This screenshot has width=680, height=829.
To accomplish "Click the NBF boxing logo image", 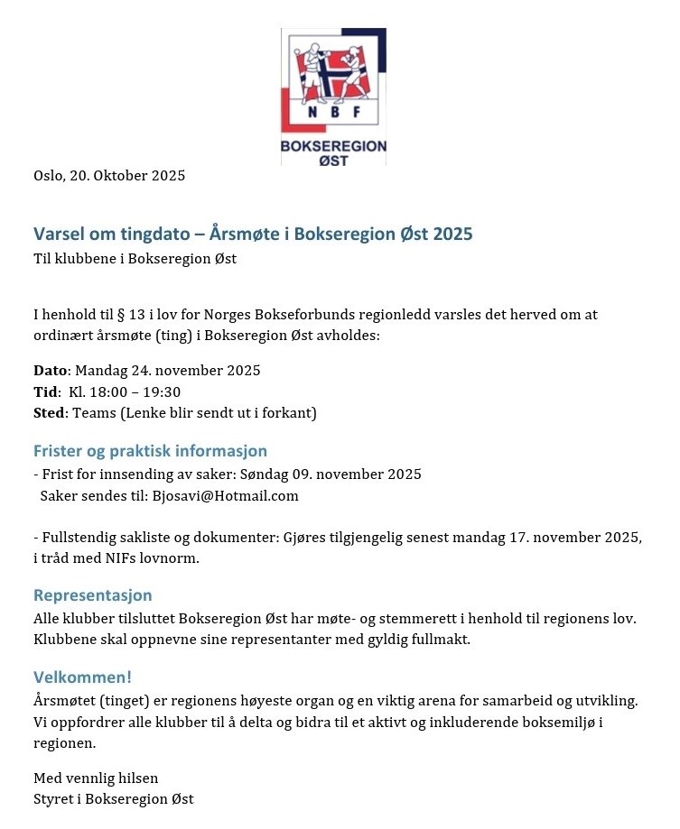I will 333,97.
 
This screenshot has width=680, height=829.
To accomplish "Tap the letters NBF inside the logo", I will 333,112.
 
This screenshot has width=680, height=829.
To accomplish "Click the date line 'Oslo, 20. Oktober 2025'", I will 109,176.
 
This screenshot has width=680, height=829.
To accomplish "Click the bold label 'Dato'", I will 50,371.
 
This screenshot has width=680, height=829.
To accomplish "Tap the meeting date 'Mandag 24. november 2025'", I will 168,371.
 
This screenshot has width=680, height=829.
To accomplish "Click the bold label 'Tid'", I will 45,391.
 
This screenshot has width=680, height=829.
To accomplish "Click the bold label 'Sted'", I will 50,413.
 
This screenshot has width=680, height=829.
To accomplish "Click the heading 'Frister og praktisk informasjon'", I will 150,451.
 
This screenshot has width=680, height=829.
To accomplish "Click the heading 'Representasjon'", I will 93,595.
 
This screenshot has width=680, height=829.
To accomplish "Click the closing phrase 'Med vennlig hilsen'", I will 96,778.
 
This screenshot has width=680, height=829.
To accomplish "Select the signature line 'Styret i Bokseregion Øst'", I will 114,799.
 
